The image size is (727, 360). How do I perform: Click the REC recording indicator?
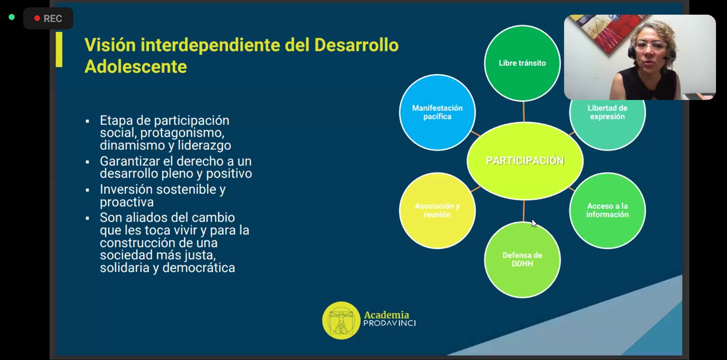(x=48, y=18)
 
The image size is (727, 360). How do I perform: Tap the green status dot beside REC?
(x=12, y=17)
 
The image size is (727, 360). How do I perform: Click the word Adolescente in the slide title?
(x=136, y=66)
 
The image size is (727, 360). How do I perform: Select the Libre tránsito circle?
(x=522, y=63)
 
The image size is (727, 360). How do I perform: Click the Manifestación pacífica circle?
(x=437, y=112)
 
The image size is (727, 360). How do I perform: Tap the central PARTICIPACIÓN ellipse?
(x=525, y=161)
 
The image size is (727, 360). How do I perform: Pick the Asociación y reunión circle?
(x=437, y=210)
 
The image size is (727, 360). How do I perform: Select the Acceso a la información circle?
(x=607, y=210)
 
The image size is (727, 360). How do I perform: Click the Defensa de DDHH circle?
(x=522, y=260)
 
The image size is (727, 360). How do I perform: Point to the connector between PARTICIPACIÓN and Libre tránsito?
(x=523, y=112)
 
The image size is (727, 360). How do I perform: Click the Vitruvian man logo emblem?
(x=341, y=320)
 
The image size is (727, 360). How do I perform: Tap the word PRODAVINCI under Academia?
(x=389, y=323)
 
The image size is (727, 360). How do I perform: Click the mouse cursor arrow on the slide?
(x=534, y=223)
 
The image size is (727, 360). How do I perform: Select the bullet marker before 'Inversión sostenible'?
(x=87, y=190)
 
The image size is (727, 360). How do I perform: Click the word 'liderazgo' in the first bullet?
(x=204, y=145)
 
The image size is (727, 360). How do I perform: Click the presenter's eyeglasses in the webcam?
(x=650, y=45)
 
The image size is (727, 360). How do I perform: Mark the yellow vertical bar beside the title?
(x=59, y=49)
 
